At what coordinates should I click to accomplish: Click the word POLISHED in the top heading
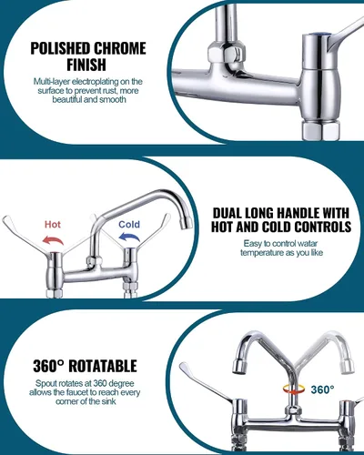click(x=61, y=48)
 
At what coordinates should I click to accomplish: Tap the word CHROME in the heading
click(x=120, y=48)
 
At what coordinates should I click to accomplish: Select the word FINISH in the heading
click(x=86, y=65)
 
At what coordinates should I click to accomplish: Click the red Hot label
click(x=53, y=225)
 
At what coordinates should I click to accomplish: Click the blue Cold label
click(x=129, y=225)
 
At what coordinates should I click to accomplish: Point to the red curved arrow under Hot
click(x=53, y=241)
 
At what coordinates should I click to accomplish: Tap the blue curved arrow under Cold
click(x=130, y=238)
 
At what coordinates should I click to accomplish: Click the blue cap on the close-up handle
click(x=319, y=35)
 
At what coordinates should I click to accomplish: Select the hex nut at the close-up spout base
click(x=227, y=54)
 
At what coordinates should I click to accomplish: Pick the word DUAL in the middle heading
click(x=227, y=213)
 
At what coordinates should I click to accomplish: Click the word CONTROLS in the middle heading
click(x=321, y=227)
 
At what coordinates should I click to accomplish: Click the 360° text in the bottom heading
click(x=48, y=366)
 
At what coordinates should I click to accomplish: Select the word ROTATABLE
click(x=103, y=366)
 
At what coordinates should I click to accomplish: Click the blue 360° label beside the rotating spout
click(x=322, y=389)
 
